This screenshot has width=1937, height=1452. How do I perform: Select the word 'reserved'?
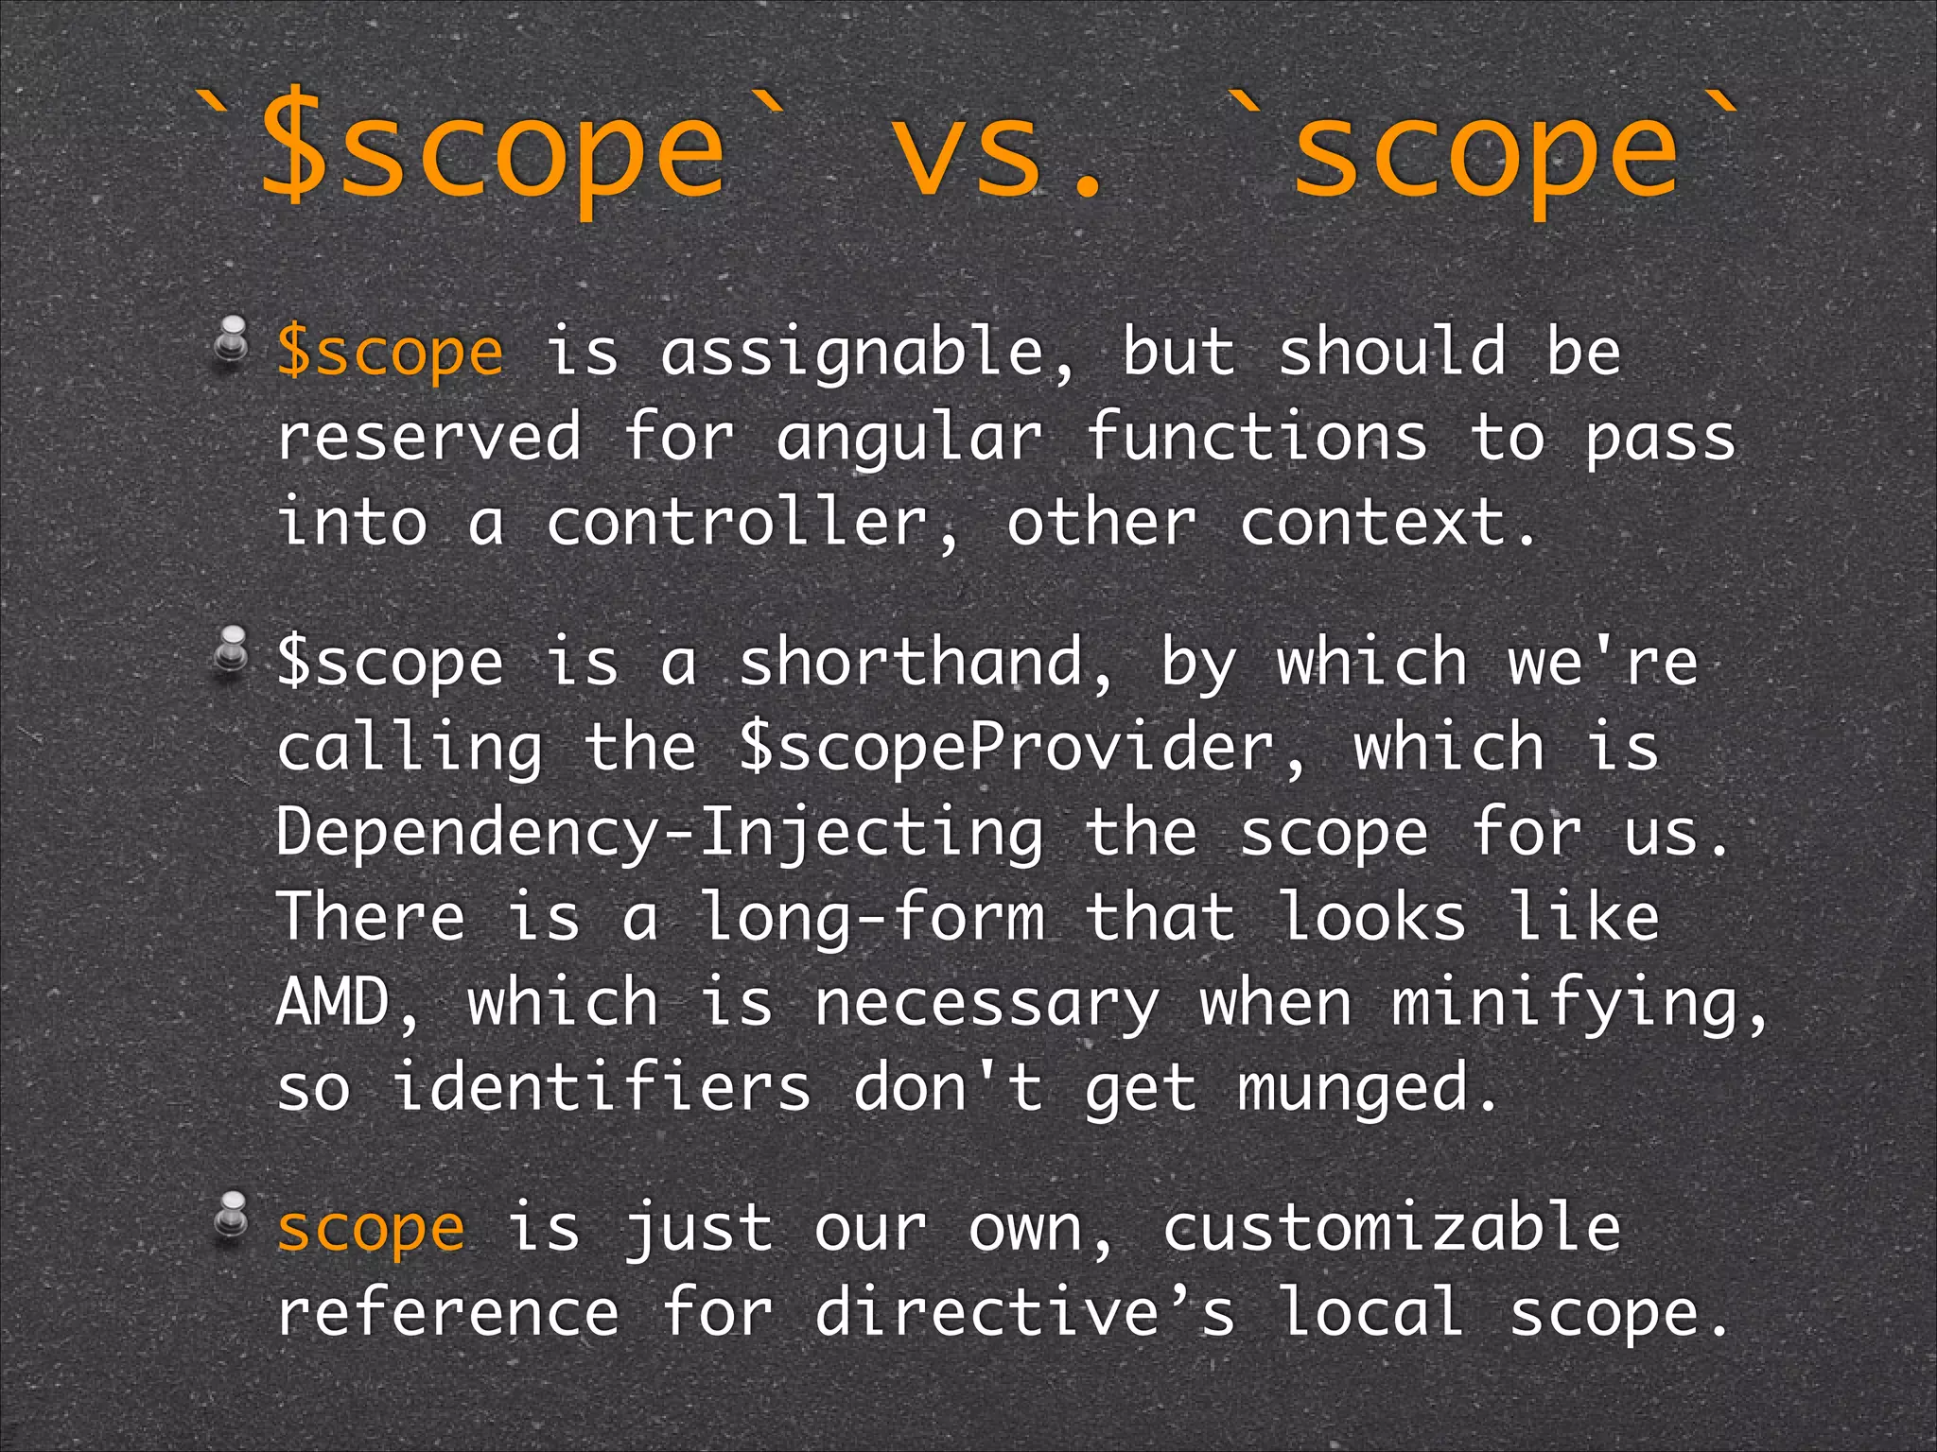tap(428, 437)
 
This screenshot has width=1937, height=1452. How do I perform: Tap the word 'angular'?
tap(909, 439)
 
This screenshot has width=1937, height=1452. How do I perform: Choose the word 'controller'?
tap(753, 522)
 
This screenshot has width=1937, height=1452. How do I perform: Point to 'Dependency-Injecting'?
tap(660, 833)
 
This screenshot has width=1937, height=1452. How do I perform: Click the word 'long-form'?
tap(872, 918)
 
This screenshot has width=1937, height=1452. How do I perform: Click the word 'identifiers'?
tap(602, 1087)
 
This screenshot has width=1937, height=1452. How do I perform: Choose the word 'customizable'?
tap(1392, 1227)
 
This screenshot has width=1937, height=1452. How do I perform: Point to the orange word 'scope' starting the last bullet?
tap(371, 1228)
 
